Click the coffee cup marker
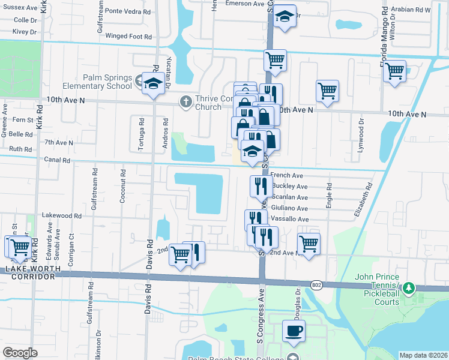coord(294,331)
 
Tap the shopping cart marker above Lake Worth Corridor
coord(19,246)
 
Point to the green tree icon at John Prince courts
coord(409,288)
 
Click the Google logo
coord(20,352)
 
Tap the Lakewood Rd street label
coord(61,215)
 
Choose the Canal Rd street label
coord(57,160)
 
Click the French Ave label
coord(287,175)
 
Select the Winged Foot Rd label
coord(128,36)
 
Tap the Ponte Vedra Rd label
coord(128,11)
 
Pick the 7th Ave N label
coord(58,143)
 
